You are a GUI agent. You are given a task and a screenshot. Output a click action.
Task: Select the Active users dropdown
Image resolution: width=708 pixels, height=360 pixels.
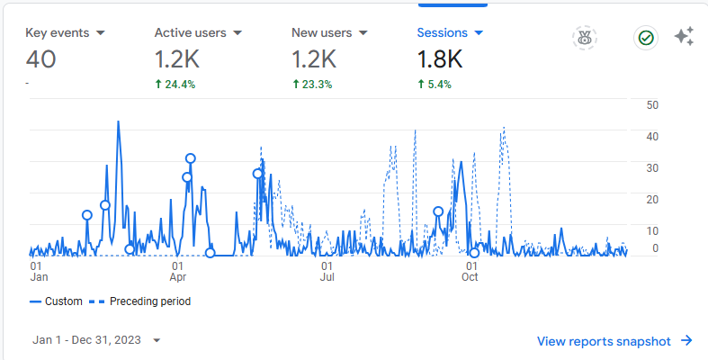(x=198, y=32)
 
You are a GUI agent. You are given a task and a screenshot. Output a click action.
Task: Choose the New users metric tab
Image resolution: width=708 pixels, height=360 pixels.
(x=329, y=32)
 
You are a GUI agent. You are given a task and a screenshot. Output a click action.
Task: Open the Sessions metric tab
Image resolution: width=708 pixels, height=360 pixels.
(x=450, y=32)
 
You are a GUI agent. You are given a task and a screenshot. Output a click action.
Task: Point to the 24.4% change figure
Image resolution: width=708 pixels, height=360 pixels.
(x=175, y=85)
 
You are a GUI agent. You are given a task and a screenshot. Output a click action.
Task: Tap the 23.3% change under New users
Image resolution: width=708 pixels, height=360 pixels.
(x=312, y=85)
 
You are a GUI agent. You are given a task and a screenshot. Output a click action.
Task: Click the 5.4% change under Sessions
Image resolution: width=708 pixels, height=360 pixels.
(x=435, y=85)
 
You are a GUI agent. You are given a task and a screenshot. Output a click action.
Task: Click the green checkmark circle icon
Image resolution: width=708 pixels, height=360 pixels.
(x=646, y=38)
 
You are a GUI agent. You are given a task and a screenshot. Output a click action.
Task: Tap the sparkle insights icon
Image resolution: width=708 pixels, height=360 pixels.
(x=684, y=37)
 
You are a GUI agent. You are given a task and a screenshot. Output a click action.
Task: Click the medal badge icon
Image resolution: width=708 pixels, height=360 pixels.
(x=585, y=38)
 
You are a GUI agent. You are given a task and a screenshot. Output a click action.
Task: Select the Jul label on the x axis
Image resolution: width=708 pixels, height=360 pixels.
(x=327, y=277)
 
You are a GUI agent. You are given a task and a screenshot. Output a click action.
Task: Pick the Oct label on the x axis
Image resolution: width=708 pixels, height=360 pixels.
(x=471, y=277)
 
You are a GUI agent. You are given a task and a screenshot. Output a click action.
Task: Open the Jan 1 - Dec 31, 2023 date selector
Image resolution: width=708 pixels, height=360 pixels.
(x=96, y=340)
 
